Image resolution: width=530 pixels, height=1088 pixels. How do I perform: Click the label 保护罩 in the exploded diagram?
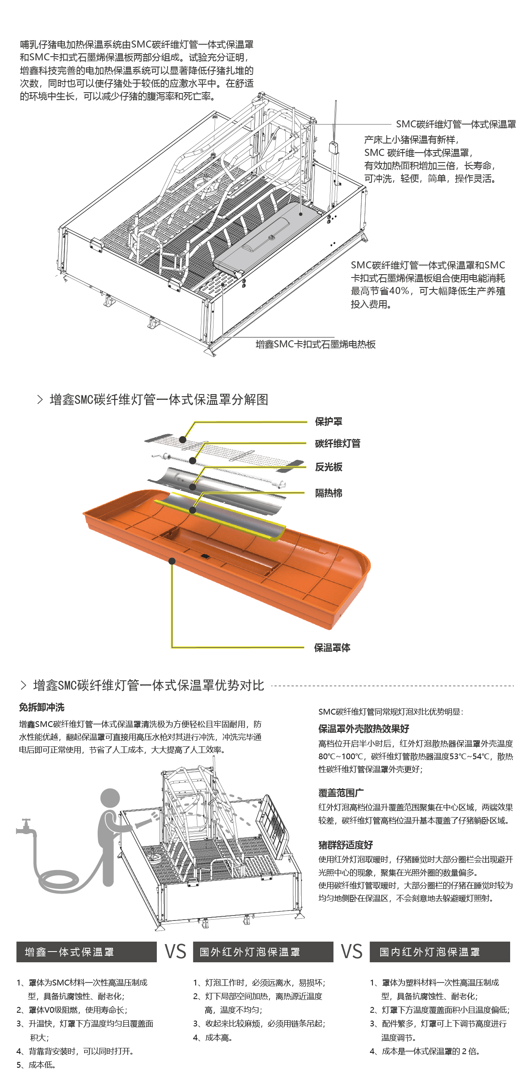click(x=329, y=421)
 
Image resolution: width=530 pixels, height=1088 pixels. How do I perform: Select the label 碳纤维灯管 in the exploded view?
click(x=337, y=443)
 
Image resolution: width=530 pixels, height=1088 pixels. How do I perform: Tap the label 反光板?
click(x=329, y=467)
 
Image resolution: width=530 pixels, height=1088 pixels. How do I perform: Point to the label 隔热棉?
click(x=329, y=493)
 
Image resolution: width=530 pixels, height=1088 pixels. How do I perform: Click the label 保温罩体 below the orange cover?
click(x=332, y=648)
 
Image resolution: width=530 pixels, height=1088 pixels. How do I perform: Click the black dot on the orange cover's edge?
click(x=172, y=561)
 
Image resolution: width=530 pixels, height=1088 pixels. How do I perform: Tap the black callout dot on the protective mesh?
click(x=182, y=440)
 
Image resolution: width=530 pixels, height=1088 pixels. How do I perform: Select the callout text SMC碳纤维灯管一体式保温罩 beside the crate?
click(x=456, y=124)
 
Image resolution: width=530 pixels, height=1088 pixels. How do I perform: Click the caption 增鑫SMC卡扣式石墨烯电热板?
click(x=315, y=344)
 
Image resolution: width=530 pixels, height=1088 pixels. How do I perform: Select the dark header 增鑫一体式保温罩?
click(x=86, y=952)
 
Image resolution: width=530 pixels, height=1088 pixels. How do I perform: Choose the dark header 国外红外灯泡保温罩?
click(x=263, y=952)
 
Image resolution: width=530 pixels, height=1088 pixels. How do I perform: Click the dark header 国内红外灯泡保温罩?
click(x=439, y=952)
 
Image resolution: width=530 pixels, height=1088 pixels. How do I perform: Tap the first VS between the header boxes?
click(x=175, y=952)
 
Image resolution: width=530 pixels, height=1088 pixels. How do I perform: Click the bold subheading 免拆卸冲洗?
click(x=41, y=708)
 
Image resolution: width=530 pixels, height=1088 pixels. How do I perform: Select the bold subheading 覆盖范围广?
click(x=341, y=793)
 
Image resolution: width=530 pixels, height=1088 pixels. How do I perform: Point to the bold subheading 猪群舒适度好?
click(x=345, y=845)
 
